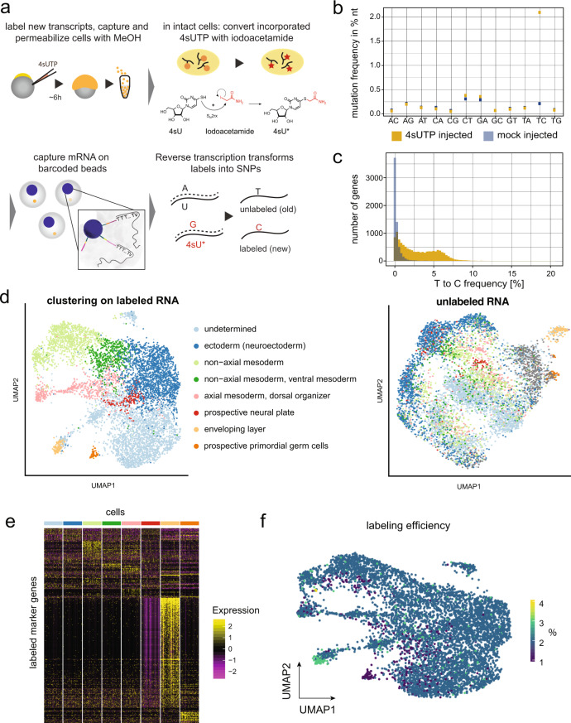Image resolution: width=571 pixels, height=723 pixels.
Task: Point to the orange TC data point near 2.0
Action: [539, 12]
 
